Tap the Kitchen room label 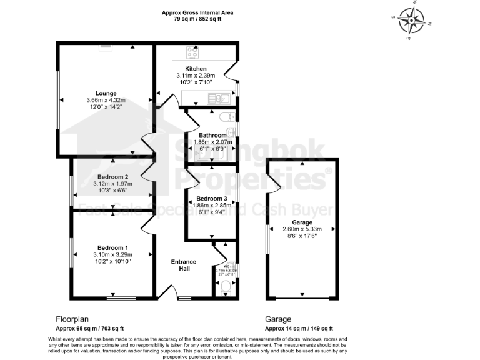[196, 69]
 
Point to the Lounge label [106, 93]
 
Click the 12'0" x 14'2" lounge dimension [106, 107]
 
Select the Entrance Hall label [184, 265]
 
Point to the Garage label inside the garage [302, 222]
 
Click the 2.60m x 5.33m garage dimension [302, 229]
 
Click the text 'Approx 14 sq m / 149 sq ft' [299, 328]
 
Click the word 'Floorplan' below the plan [72, 318]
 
